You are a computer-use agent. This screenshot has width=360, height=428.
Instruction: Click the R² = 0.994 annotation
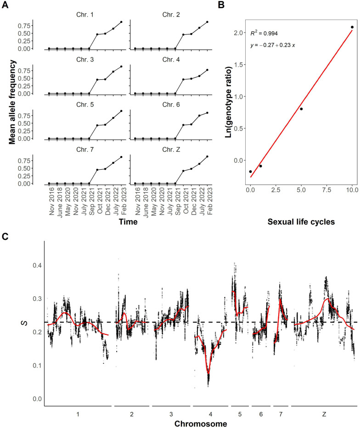click(x=264, y=33)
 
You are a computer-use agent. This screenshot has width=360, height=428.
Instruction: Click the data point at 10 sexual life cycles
click(x=352, y=27)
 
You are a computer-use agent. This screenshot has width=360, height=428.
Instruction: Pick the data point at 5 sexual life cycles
click(x=301, y=109)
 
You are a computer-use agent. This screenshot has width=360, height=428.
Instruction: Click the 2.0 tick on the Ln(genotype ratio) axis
click(x=240, y=33)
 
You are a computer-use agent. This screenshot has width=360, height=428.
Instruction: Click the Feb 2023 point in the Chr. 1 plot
click(x=121, y=22)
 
